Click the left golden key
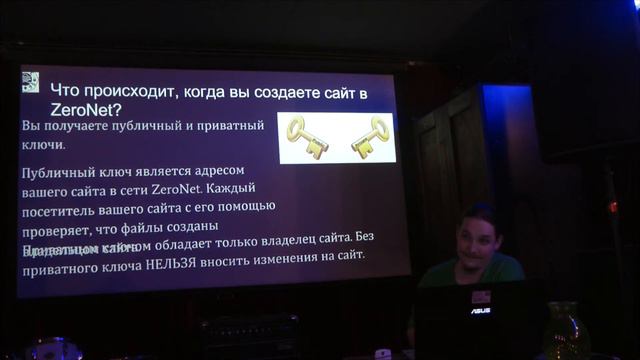(307, 137)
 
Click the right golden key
(369, 136)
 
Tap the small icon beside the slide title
(30, 82)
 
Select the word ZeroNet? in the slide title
(86, 109)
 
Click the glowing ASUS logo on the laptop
(481, 311)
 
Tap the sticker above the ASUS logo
(481, 296)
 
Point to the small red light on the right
(612, 207)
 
